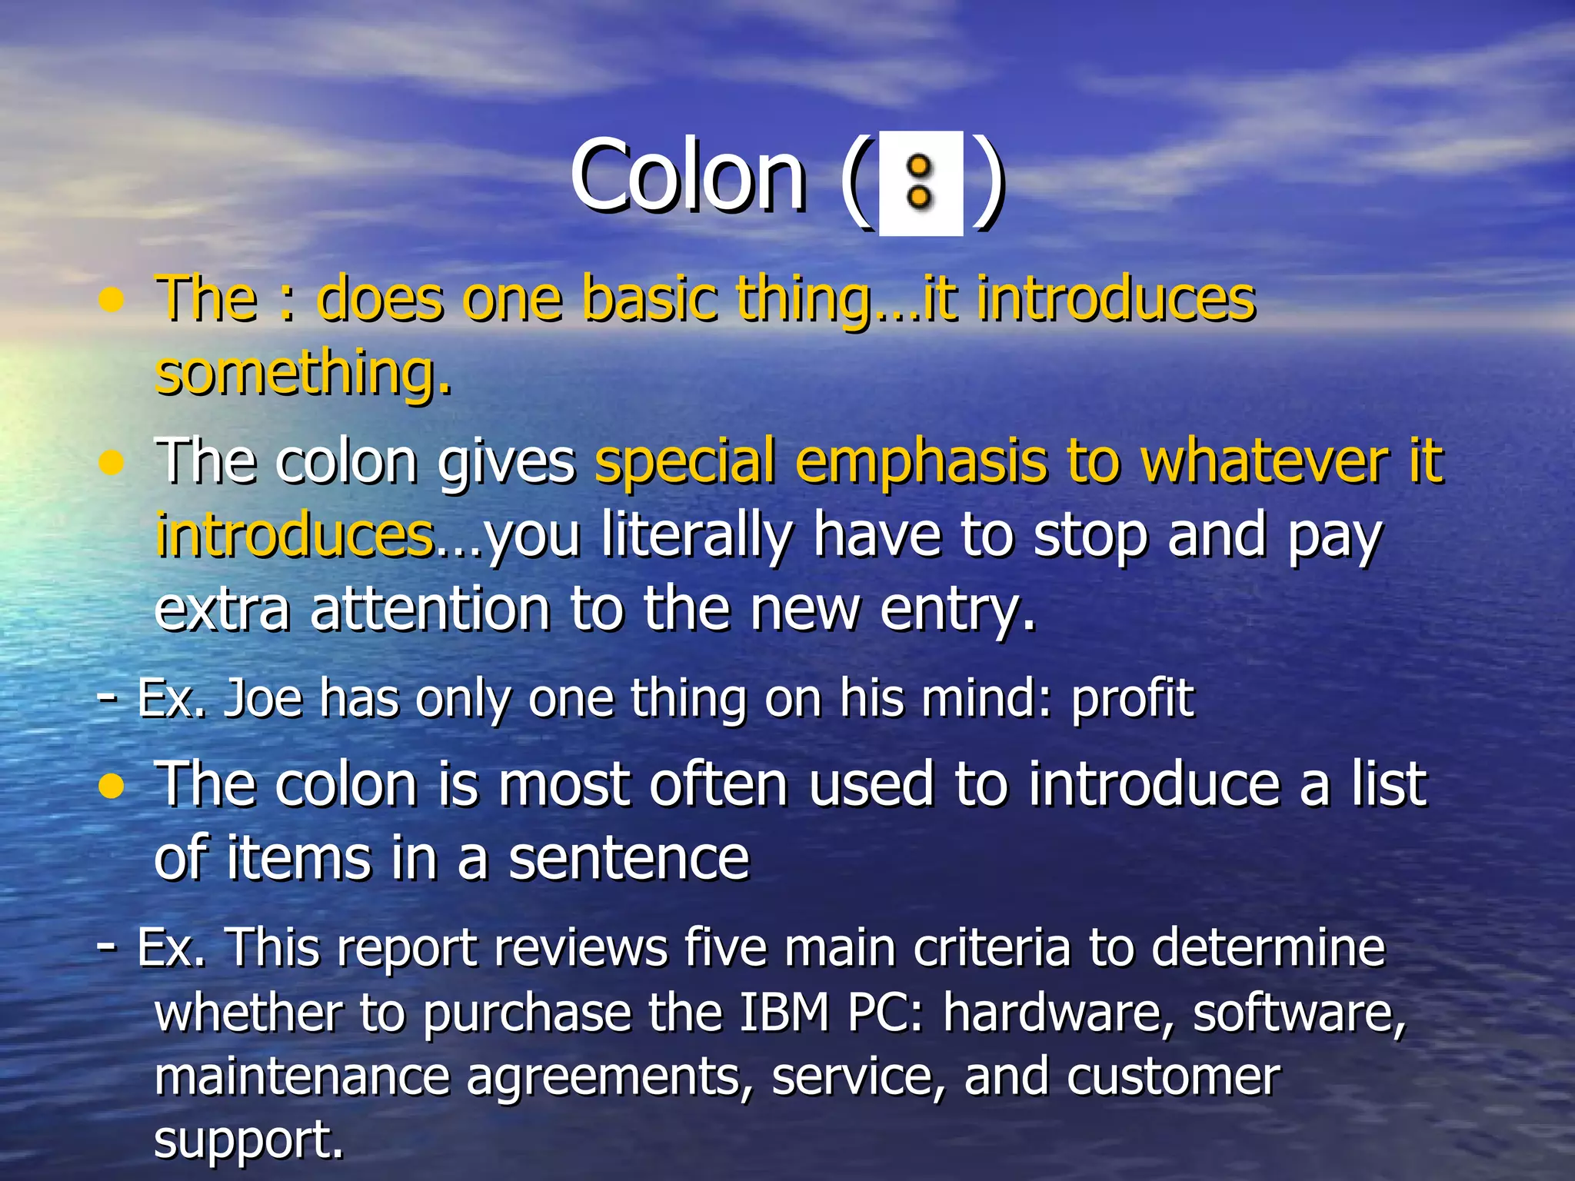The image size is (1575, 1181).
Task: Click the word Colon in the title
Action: pos(688,176)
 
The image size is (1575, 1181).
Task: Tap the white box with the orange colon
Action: pos(921,183)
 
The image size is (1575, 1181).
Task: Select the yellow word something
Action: pos(303,372)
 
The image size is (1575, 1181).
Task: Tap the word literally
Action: pos(697,536)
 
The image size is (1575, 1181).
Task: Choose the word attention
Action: pos(430,609)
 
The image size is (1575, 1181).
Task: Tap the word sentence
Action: pos(628,858)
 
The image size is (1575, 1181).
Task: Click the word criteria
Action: pos(991,947)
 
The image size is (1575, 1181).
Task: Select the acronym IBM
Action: pos(784,1012)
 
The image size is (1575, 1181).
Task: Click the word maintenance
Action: pos(301,1076)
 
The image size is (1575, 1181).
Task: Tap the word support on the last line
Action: pos(248,1139)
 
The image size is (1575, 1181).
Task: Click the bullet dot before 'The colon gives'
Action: pos(112,463)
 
